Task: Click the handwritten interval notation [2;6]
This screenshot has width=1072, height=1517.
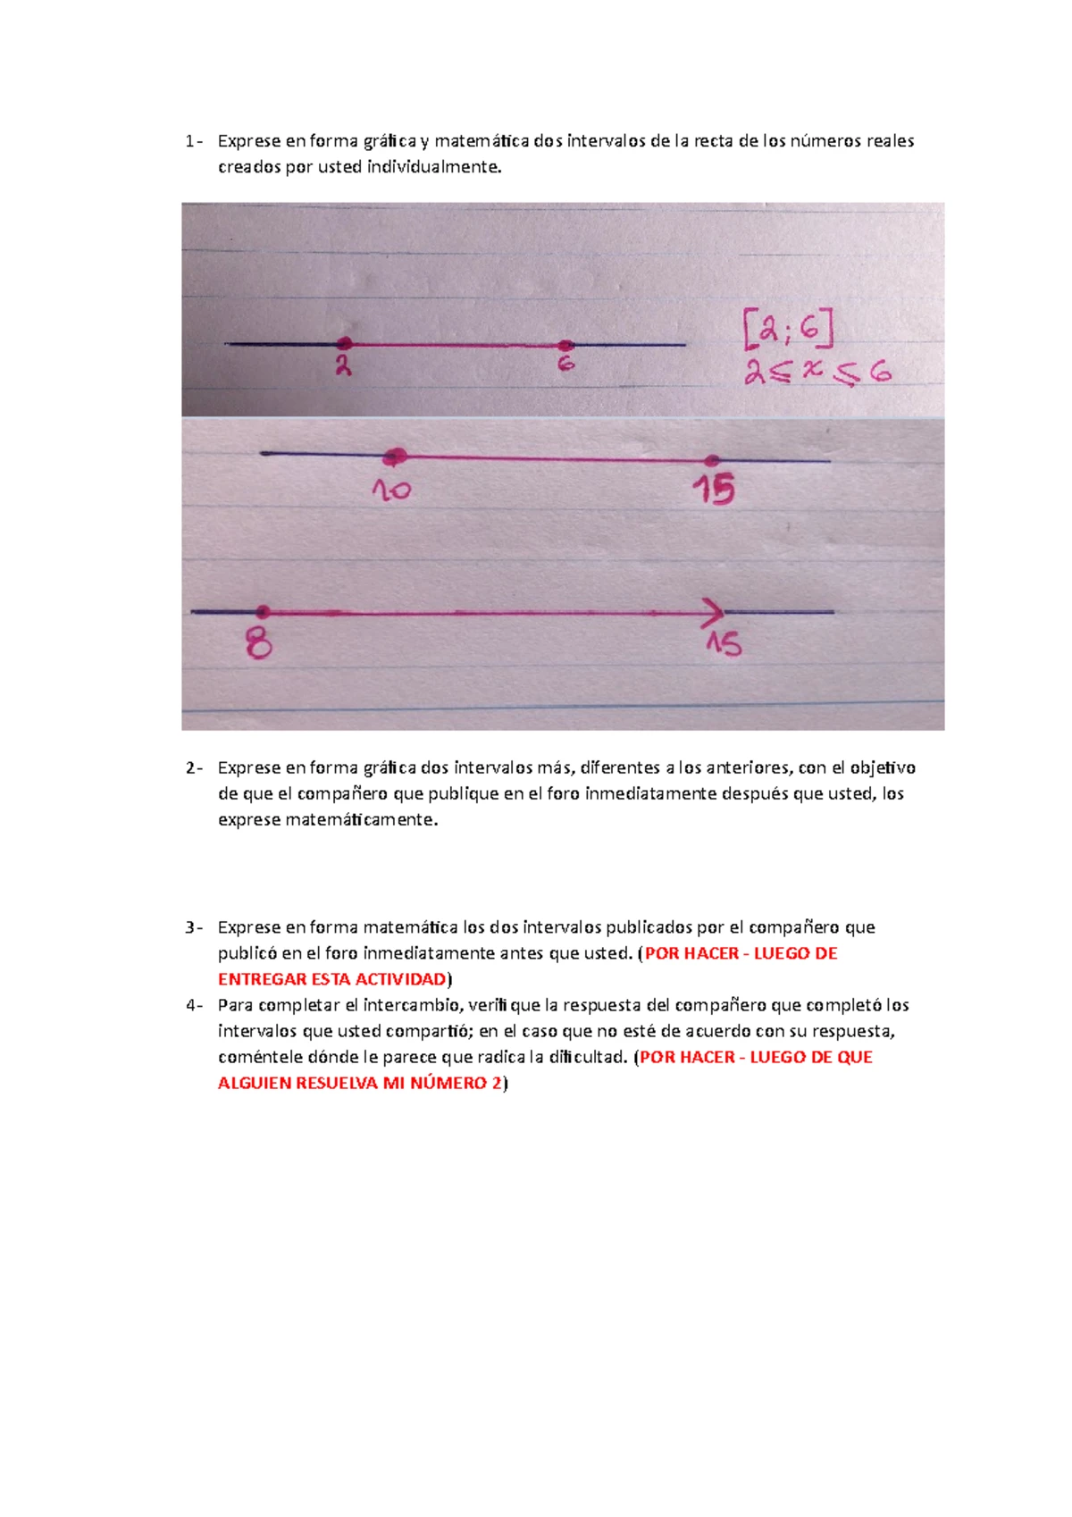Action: coord(788,329)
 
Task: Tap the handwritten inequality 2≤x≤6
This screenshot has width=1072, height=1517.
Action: coord(817,372)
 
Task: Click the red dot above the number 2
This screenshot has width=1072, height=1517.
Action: coord(344,344)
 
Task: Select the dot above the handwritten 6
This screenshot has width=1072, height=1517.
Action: coord(565,345)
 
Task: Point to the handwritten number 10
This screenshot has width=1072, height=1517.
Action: coord(391,490)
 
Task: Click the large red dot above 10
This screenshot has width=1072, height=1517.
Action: coord(394,457)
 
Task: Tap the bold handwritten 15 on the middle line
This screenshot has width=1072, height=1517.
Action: coord(715,490)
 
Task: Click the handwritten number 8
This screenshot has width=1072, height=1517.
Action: coord(259,643)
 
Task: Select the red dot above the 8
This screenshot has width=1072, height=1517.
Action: coord(263,612)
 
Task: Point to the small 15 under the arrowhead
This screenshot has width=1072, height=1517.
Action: coord(724,644)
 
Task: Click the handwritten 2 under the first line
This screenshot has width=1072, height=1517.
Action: coord(343,365)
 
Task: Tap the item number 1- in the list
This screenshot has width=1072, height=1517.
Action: coord(194,141)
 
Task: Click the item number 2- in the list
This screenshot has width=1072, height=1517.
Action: coord(194,768)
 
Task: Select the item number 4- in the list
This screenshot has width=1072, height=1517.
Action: coord(194,1005)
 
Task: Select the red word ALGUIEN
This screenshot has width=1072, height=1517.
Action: coord(254,1084)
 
